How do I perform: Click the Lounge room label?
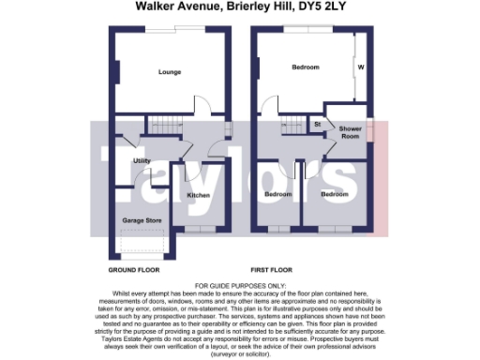coord(170,72)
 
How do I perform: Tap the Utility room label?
coord(142,161)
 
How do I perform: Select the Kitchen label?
coord(199,195)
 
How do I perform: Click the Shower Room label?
coord(351,132)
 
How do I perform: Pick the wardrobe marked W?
coord(360,68)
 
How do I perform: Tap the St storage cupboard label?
coord(318,124)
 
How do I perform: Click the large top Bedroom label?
coord(306,68)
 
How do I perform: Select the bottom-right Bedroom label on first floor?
coord(334,194)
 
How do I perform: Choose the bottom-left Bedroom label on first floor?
coord(277,194)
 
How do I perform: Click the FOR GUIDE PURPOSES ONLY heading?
coord(240,284)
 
